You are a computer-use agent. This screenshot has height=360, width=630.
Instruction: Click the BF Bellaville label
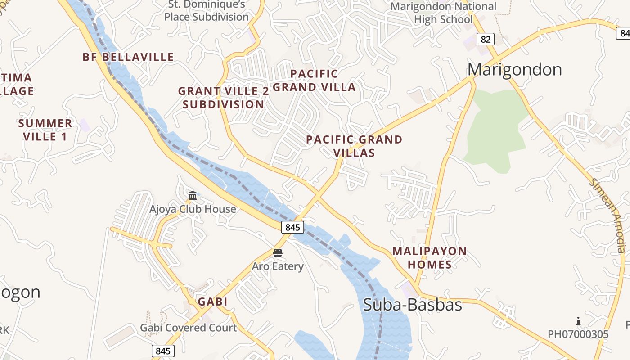pyautogui.click(x=128, y=57)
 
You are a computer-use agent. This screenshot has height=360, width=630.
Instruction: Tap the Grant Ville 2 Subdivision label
pyautogui.click(x=224, y=98)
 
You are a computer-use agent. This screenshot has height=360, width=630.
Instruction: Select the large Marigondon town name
pyautogui.click(x=515, y=70)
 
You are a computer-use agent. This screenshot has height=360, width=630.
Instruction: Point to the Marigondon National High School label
pyautogui.click(x=443, y=13)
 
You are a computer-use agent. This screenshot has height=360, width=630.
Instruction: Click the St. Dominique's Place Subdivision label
pyautogui.click(x=207, y=11)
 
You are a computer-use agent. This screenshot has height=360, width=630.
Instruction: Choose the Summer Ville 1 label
pyautogui.click(x=45, y=130)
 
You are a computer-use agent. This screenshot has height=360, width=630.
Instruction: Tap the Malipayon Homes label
pyautogui.click(x=430, y=258)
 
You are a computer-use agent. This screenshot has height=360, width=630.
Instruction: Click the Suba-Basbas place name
pyautogui.click(x=412, y=305)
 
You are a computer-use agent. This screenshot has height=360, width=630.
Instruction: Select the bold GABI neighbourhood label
pyautogui.click(x=213, y=301)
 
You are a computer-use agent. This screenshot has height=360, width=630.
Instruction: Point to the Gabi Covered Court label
pyautogui.click(x=188, y=328)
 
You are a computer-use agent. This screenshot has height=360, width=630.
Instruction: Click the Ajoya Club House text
pyautogui.click(x=193, y=209)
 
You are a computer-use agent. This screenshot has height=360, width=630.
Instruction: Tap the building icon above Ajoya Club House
pyautogui.click(x=193, y=195)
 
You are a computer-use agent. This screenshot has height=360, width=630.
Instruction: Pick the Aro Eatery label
pyautogui.click(x=278, y=266)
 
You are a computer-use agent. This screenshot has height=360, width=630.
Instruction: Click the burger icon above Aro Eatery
pyautogui.click(x=278, y=252)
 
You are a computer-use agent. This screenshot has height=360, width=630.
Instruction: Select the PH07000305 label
pyautogui.click(x=578, y=334)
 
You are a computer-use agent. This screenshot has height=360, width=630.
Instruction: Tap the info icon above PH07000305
pyautogui.click(x=578, y=321)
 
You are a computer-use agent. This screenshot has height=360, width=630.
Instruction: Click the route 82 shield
pyautogui.click(x=485, y=40)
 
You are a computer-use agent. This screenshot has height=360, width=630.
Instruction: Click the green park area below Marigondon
pyautogui.click(x=495, y=130)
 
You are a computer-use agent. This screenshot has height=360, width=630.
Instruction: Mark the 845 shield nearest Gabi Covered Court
pyautogui.click(x=163, y=351)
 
